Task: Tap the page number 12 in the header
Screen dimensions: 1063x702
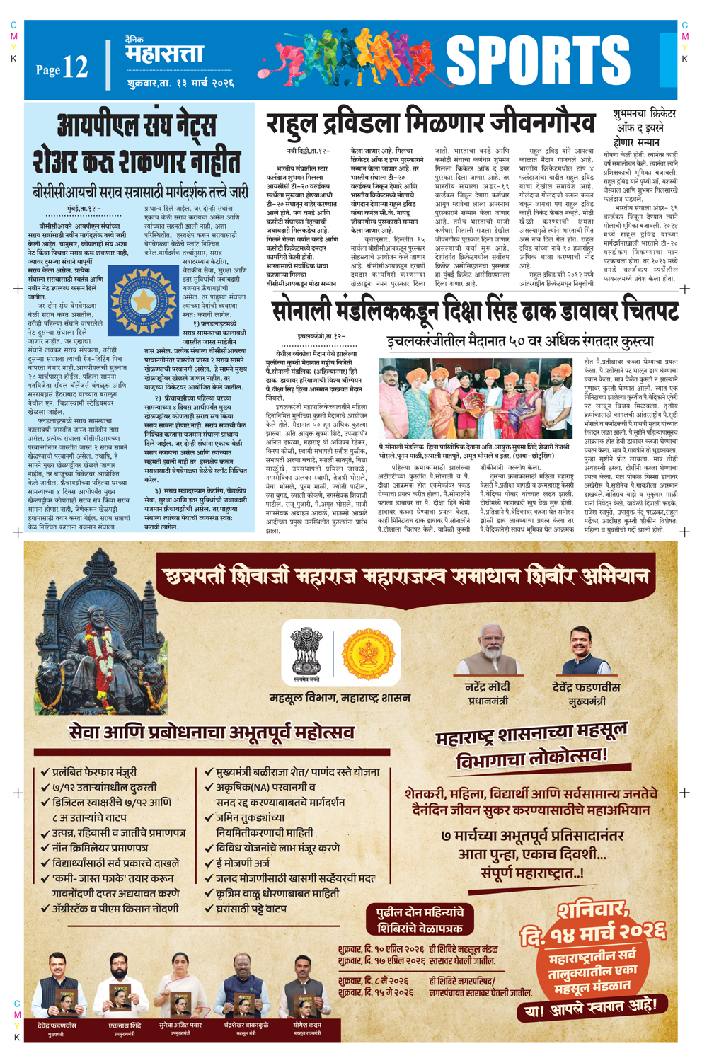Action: click(x=75, y=67)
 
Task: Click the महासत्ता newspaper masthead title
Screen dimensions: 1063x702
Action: click(x=164, y=54)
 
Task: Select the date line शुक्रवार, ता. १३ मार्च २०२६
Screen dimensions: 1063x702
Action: click(x=180, y=84)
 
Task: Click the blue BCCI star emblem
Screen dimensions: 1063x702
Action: click(x=144, y=300)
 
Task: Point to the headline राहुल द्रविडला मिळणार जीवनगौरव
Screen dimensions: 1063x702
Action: click(x=431, y=123)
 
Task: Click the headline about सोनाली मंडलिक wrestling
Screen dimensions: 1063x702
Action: click(x=475, y=311)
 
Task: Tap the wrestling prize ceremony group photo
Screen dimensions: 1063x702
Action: click(x=475, y=398)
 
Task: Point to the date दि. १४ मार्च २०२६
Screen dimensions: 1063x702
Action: click(x=593, y=933)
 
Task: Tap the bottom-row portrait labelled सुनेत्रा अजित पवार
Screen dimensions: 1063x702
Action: click(x=180, y=985)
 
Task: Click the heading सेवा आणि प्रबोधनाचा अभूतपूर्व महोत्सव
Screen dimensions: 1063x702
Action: click(x=212, y=732)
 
